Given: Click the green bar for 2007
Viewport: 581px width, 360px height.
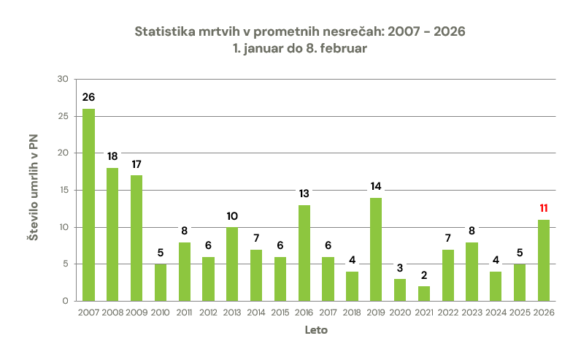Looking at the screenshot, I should point(88,204).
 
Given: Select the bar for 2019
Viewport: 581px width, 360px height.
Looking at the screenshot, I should point(376,249).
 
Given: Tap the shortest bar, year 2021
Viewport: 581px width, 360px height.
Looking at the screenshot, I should point(423,293).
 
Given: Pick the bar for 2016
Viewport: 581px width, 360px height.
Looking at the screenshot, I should point(304,253).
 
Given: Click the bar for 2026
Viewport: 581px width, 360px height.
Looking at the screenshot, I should point(543,260).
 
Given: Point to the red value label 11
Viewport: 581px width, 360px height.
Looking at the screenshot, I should point(543,208).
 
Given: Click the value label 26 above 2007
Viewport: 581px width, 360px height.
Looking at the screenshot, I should point(88,97).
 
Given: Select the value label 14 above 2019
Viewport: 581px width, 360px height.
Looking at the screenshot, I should point(376,186).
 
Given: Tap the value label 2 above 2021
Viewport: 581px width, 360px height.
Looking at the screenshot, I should point(423,275).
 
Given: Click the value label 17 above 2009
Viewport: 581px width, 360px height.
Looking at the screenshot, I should point(136,164).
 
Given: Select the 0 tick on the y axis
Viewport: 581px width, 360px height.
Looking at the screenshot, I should point(65,301).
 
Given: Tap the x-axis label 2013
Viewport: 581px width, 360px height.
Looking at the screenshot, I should point(232,313).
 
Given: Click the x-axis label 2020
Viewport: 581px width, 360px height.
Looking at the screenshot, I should point(399,313).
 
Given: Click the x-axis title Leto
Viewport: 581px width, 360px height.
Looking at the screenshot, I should point(315,330).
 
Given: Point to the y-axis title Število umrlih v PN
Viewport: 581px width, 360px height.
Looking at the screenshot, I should point(33,190).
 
